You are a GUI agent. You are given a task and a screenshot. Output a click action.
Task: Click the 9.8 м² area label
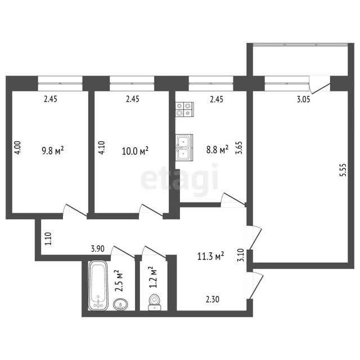coord(52,151)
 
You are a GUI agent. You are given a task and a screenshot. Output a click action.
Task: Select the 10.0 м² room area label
coord(135,151)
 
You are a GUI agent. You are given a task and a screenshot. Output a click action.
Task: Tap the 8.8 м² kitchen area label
coord(217,150)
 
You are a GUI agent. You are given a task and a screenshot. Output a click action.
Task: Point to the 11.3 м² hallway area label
coord(211,256)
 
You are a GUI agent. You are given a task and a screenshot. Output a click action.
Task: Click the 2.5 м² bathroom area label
coord(120,281)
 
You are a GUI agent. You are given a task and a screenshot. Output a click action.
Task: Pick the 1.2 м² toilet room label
coord(154,277)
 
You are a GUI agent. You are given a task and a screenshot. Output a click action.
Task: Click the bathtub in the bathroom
coord(98,286)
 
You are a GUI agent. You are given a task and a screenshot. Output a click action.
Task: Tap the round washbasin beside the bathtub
coord(120,304)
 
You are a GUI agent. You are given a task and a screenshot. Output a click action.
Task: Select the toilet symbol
coord(155,303)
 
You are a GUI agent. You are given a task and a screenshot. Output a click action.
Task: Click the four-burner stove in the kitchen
coord(184,109)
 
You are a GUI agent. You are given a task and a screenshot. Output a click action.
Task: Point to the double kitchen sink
coord(184,147)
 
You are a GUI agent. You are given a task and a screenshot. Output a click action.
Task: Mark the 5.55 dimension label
coord(343,170)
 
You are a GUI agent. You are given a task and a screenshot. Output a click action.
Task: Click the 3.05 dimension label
coord(304,100)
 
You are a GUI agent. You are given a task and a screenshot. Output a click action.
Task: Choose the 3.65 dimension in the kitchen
coord(238,147)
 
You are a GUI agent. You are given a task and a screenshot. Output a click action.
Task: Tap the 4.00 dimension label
coord(17,147)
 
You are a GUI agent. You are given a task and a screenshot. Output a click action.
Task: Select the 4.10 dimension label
coord(101,147)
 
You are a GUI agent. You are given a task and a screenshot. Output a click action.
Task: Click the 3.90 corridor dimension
coord(98,249)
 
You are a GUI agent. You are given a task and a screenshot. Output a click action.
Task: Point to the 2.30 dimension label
coord(213,299)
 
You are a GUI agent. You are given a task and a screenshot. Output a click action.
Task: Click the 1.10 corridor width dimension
coord(48,238)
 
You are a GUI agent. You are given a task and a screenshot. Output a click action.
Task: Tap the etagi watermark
coord(179,179)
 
